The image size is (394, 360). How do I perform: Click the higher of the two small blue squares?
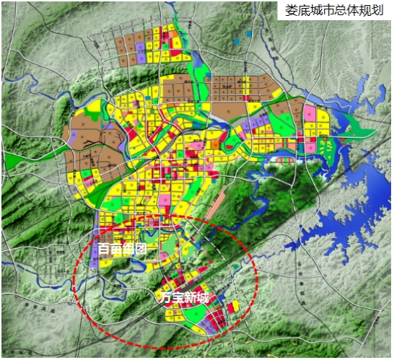click(x=248, y=33)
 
